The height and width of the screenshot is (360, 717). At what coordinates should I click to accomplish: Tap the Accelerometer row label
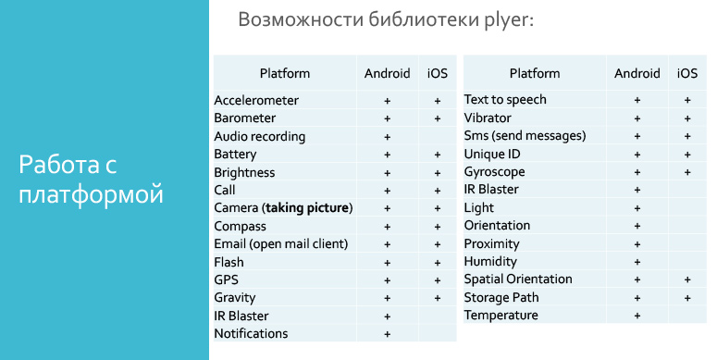pos(256,100)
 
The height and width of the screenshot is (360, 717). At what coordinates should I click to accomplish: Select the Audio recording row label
pos(259,136)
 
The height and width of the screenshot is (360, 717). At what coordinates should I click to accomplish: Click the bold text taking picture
pos(308,207)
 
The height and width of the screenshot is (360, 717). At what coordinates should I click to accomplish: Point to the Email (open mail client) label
pos(280,243)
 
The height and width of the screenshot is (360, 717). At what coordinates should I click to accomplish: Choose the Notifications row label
pos(251,333)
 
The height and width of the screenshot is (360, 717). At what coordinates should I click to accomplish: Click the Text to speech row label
pos(505,99)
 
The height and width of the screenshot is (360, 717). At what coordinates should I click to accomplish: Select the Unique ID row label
pos(492,154)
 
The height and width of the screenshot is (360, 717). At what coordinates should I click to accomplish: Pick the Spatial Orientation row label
pos(518,279)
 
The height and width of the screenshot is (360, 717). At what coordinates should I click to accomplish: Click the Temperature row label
pos(501,315)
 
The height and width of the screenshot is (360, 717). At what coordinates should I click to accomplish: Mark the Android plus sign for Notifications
pos(388,333)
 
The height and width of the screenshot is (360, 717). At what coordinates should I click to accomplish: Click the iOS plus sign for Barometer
pos(437,118)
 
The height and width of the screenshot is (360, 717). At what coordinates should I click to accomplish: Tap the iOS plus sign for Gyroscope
pos(687,172)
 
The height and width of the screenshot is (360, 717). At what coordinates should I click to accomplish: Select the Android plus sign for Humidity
pos(637,262)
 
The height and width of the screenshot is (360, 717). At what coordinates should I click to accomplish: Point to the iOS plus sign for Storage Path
pos(687,298)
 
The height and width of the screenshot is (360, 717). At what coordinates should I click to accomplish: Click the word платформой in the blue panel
pos(91,195)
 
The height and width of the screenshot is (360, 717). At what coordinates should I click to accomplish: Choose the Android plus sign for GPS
pos(388,279)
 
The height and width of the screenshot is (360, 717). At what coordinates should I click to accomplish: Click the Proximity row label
pos(491,243)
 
